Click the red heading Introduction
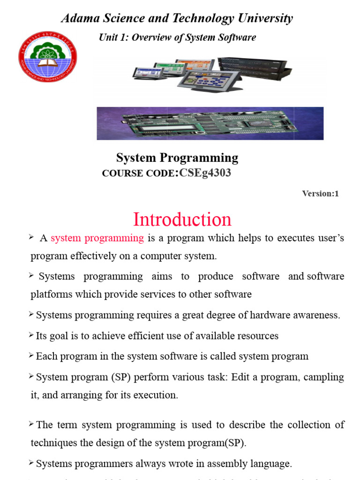click(x=182, y=219)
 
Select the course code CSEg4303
click(x=205, y=173)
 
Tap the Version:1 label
click(x=320, y=193)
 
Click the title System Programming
click(x=177, y=158)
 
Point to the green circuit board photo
click(x=210, y=123)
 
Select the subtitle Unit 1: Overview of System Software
click(x=177, y=37)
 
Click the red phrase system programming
click(x=97, y=238)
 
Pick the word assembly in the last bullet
click(x=221, y=464)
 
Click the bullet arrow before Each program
click(x=32, y=356)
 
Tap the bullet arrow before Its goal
click(x=32, y=335)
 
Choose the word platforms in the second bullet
click(x=51, y=294)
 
